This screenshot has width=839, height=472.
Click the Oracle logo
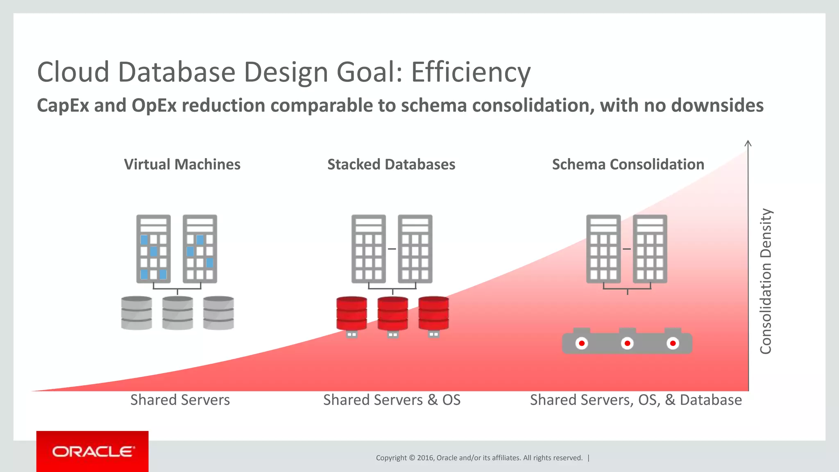click(x=93, y=452)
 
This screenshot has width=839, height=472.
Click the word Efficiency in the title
click(x=471, y=73)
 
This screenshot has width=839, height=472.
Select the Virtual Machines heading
click(x=182, y=164)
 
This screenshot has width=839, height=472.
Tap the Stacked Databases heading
click(x=391, y=164)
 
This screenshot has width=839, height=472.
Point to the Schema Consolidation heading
click(x=628, y=164)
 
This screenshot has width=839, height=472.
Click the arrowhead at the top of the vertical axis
click(x=748, y=143)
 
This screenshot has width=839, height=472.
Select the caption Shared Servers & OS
click(x=392, y=400)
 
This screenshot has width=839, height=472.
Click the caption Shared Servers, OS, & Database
click(x=636, y=400)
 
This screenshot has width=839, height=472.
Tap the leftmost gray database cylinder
click(x=136, y=313)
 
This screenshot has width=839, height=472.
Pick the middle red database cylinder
click(x=392, y=313)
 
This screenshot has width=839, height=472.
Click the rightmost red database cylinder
click(x=433, y=313)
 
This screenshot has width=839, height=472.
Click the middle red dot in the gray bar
click(x=627, y=343)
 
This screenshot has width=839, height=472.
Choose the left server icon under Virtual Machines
click(x=153, y=249)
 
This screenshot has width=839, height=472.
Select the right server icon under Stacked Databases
click(x=415, y=249)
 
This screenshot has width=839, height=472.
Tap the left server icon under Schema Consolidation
click(x=603, y=249)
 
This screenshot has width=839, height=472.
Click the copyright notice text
click(x=479, y=458)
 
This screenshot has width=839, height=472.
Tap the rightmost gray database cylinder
click(x=218, y=313)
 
